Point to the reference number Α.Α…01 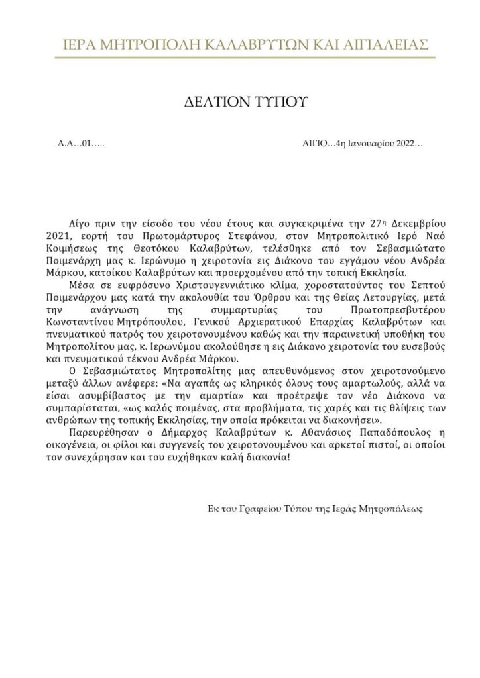tap(74, 144)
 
